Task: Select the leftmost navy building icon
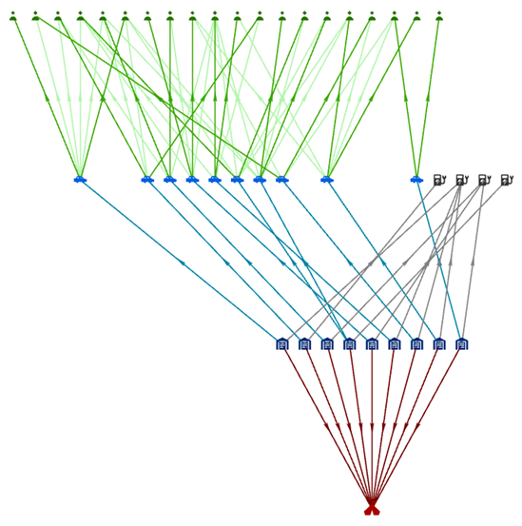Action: coord(282,343)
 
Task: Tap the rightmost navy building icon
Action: coord(461,343)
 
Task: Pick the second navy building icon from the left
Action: coord(304,343)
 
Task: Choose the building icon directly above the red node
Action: coord(372,343)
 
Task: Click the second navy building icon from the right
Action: coord(438,343)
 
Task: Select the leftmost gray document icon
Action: coord(439,180)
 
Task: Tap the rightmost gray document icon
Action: coord(506,180)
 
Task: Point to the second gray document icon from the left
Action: coord(461,180)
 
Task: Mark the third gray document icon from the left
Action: coord(484,180)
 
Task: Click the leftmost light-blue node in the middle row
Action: coord(81,179)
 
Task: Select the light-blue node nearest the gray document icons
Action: coord(416,179)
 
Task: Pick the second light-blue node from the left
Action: coord(147,179)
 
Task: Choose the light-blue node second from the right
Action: coord(327,179)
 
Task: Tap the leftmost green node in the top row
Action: coord(13,16)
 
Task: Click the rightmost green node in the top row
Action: coord(438,16)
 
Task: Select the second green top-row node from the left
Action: coord(35,16)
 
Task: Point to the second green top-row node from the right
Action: coord(416,16)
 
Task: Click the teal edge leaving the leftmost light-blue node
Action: coord(181,261)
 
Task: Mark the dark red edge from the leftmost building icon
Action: coord(326,423)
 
